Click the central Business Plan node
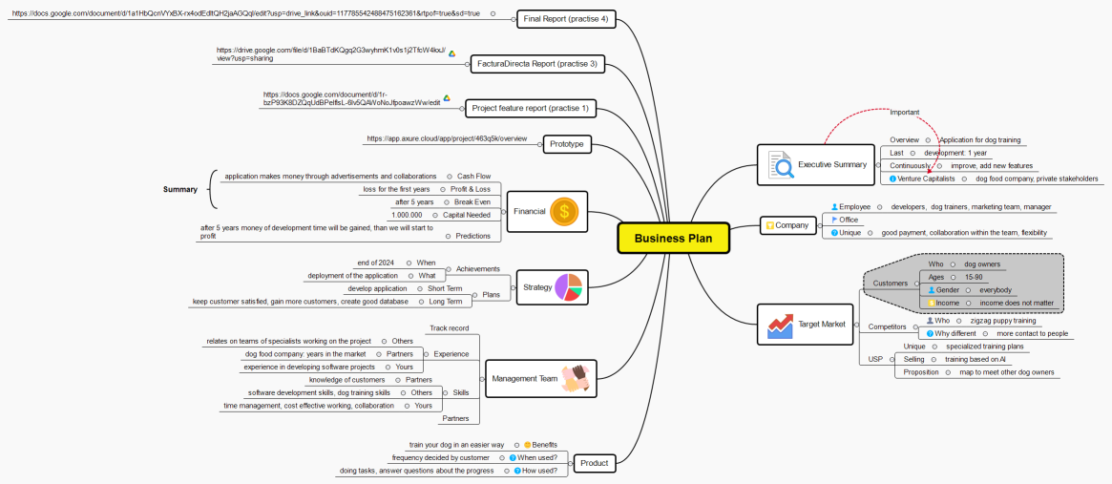tap(672, 238)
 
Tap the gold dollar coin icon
tap(564, 211)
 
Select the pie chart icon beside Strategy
tap(568, 287)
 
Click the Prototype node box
tap(566, 144)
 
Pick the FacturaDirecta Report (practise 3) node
tap(537, 64)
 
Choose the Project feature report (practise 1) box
tap(530, 108)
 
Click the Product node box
tap(594, 464)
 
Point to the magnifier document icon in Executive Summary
tap(781, 165)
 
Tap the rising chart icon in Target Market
tap(780, 325)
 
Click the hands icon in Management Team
tap(576, 378)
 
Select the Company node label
tap(791, 226)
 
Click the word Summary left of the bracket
tap(179, 189)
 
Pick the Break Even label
tap(472, 202)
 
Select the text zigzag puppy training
tap(1003, 321)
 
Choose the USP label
tap(875, 359)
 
